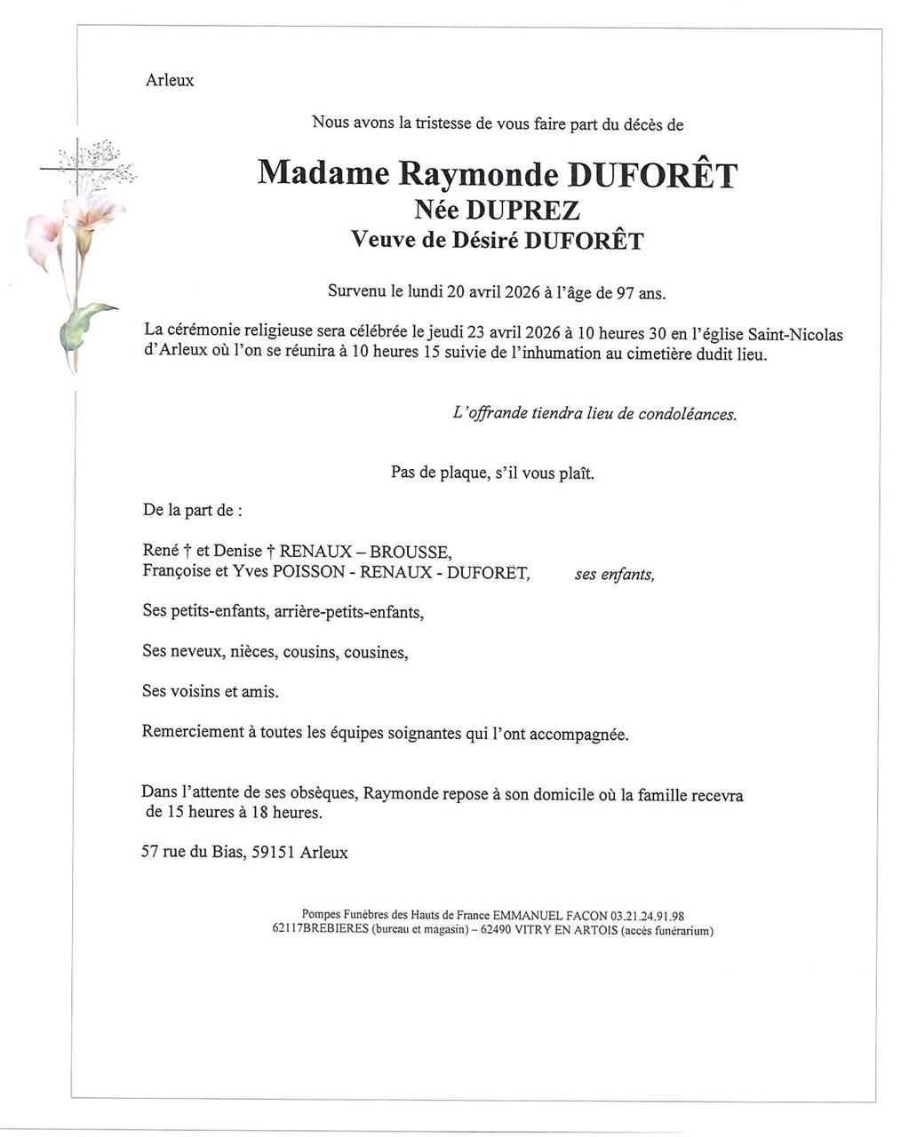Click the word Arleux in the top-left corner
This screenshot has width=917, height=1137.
pyautogui.click(x=170, y=81)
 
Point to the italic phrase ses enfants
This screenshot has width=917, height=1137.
pyautogui.click(x=614, y=575)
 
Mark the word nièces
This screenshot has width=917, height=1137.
pyautogui.click(x=253, y=652)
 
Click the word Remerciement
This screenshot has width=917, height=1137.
pyautogui.click(x=193, y=732)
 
